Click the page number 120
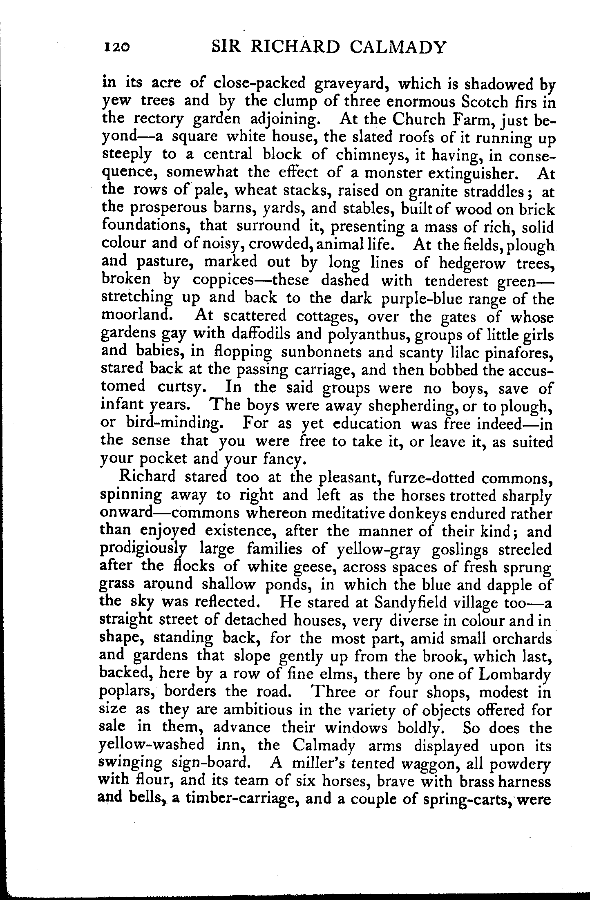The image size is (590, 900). (x=117, y=47)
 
